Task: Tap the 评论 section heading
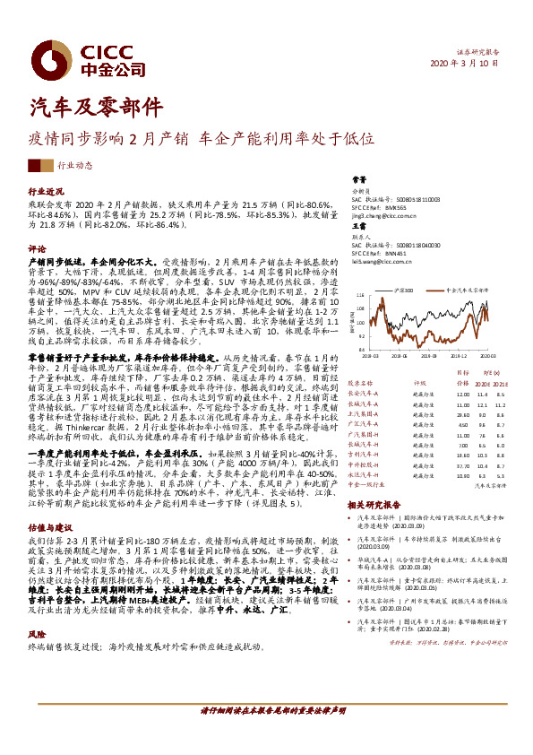tap(37, 247)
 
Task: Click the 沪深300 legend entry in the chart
tap(404, 291)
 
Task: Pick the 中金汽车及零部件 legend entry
tap(464, 291)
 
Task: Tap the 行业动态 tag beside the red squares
tap(75, 166)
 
